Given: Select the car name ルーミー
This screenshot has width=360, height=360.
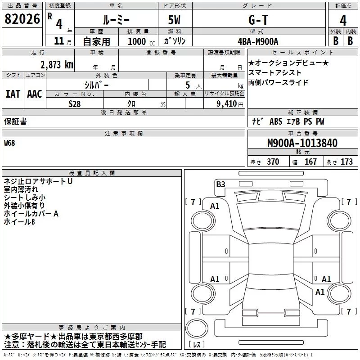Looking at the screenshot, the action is pos(115,20).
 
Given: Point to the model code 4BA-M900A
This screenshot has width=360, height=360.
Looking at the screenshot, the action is pos(258,41).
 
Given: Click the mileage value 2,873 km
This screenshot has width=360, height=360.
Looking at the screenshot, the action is pos(56,64).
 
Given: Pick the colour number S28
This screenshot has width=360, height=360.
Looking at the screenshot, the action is pos(75,103).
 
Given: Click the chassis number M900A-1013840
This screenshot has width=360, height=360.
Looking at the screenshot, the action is pos(302,143).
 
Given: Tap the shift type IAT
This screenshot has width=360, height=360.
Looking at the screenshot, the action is pos(13,94).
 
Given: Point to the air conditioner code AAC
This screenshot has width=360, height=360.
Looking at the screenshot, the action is pos(34,94).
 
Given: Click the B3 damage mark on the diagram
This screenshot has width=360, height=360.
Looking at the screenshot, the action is pos(220,184).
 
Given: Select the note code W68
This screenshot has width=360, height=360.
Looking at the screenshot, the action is pos(9,144).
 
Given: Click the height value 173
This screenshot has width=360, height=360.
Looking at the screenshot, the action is pos(346,162).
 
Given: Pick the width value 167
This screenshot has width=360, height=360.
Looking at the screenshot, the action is pos(310,162).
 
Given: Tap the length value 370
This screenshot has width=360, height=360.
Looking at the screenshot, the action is pos(273,162).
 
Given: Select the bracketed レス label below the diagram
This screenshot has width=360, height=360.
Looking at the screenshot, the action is pos(198,345).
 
